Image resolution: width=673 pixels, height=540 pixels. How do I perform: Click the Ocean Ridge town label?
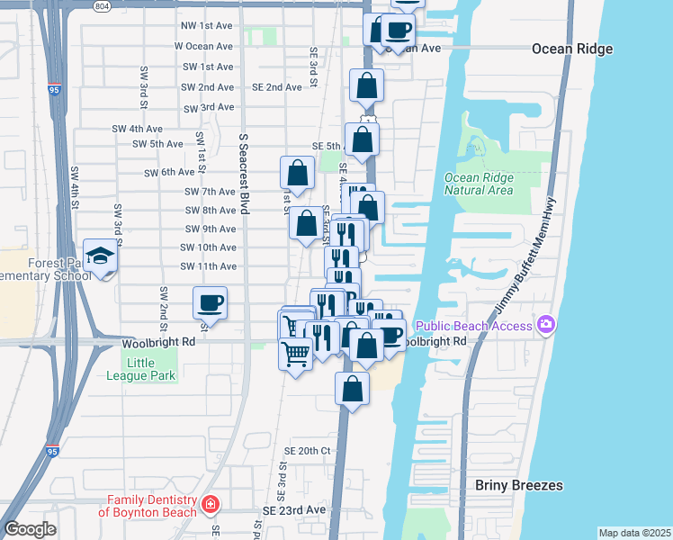click(571, 49)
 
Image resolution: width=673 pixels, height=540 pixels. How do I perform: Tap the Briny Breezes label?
click(519, 485)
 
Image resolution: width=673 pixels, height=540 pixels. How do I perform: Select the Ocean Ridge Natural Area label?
click(479, 184)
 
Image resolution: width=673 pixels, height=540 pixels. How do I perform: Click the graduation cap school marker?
click(100, 256)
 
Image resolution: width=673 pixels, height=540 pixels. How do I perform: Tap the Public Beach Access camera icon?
click(544, 324)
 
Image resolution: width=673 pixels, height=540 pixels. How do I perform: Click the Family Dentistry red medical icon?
click(211, 504)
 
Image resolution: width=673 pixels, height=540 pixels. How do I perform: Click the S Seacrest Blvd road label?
click(243, 172)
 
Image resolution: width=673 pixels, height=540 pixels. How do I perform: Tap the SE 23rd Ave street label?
click(294, 509)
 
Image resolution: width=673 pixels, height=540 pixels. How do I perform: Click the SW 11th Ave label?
click(208, 266)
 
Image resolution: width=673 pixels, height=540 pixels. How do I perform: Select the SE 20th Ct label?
click(308, 450)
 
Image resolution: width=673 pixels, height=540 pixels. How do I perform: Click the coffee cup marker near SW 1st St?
click(211, 302)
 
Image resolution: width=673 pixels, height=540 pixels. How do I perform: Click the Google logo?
click(29, 529)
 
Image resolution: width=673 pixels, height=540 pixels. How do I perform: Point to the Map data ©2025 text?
click(633, 533)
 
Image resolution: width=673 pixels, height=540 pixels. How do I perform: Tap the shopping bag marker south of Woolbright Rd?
click(353, 389)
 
